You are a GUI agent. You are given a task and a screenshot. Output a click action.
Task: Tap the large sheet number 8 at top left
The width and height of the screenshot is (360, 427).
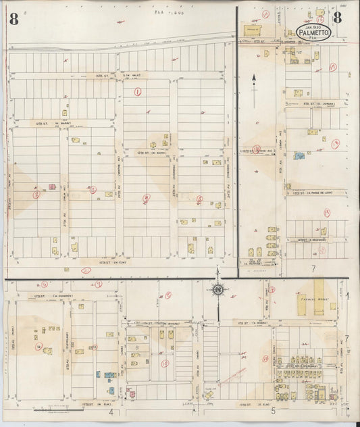[14, 20]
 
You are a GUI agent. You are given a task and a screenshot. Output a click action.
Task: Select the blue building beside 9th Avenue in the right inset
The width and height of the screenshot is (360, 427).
[299, 156]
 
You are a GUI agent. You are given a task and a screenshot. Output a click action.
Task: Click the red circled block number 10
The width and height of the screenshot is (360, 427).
[165, 363]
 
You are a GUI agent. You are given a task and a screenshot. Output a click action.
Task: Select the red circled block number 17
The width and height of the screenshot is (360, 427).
[333, 66]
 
